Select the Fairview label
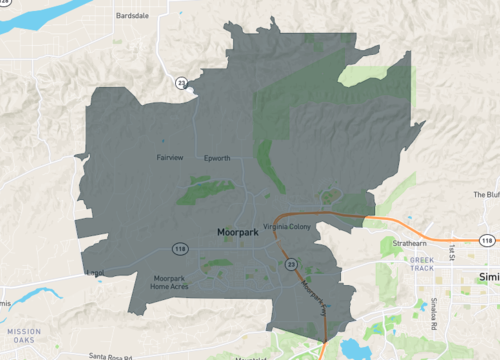point(170,158)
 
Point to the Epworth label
point(217,158)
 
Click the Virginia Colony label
point(288,227)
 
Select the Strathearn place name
point(410,243)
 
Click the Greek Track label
point(421,264)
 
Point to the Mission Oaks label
point(24,335)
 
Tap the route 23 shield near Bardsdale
point(181,82)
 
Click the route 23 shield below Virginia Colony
point(291,263)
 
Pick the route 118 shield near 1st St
point(486,241)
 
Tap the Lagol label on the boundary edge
point(95,271)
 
